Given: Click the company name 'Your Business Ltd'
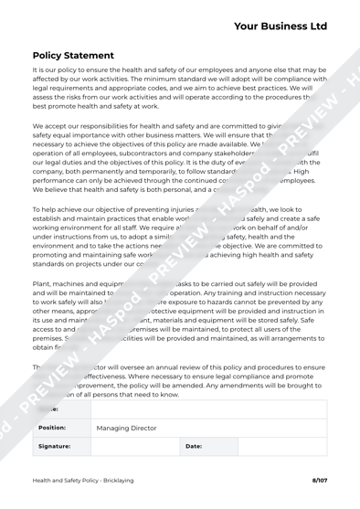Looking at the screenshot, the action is click(280, 26).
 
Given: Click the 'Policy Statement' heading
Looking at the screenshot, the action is click(72, 56).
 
